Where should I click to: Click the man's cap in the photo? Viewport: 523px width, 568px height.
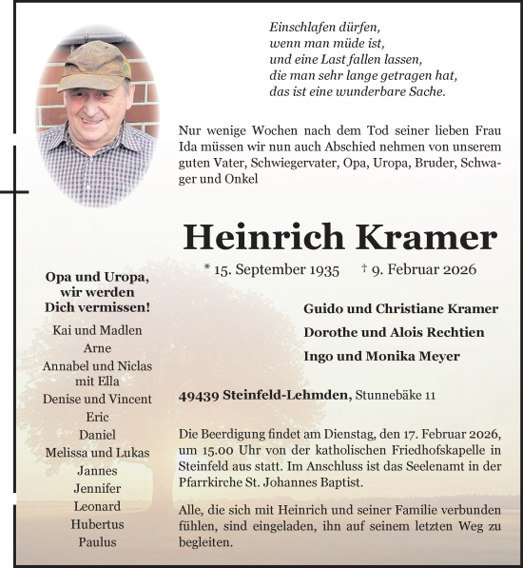pos(93,64)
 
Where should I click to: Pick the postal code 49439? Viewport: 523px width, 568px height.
pos(203,395)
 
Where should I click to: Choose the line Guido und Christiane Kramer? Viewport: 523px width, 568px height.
pos(400,308)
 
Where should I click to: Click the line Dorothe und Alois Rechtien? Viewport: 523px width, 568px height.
pos(394,332)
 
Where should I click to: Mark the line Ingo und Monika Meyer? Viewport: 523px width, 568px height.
pos(381,356)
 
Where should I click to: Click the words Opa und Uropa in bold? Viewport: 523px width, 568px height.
pos(97,277)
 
